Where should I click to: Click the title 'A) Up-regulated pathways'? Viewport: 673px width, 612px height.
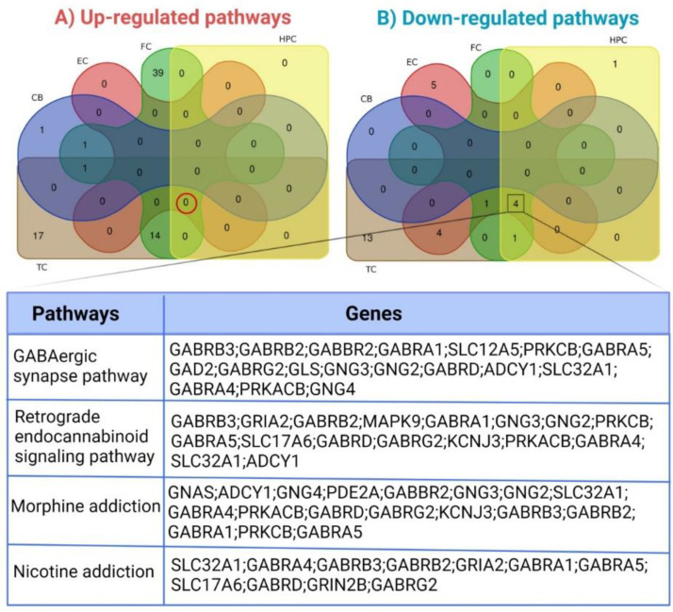(x=172, y=18)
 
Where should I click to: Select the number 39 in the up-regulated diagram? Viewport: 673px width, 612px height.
(x=157, y=72)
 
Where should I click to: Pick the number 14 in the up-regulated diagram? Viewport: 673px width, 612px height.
(x=157, y=237)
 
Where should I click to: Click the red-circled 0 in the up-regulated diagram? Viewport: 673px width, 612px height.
(x=187, y=201)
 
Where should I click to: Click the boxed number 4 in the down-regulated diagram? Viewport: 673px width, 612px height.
(x=515, y=202)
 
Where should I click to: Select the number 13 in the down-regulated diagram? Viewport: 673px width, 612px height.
(x=367, y=239)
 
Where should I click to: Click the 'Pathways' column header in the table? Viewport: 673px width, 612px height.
(x=79, y=313)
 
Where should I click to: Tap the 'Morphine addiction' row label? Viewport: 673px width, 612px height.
(x=86, y=506)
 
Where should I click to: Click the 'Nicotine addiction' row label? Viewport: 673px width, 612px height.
(x=83, y=571)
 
